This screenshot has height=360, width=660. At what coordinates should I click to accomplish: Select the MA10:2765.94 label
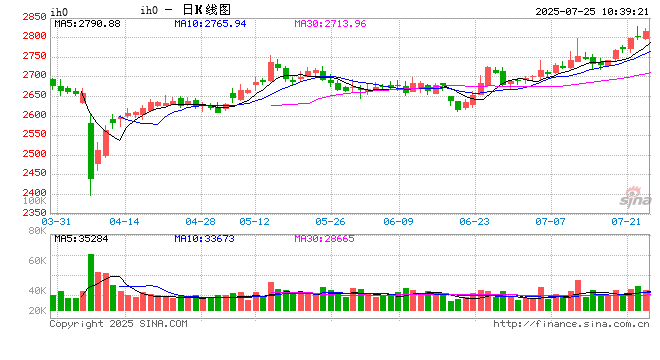(x=211, y=23)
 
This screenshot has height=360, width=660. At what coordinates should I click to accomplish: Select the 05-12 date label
(x=255, y=220)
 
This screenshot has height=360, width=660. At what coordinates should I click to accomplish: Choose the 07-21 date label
(x=625, y=220)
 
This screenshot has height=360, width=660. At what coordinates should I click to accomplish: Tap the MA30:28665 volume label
(x=326, y=238)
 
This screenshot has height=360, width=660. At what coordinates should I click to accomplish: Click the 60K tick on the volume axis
(x=34, y=260)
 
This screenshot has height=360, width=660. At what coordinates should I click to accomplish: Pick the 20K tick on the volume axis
(x=34, y=311)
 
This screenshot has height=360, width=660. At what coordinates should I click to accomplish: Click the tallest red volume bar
(x=91, y=283)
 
